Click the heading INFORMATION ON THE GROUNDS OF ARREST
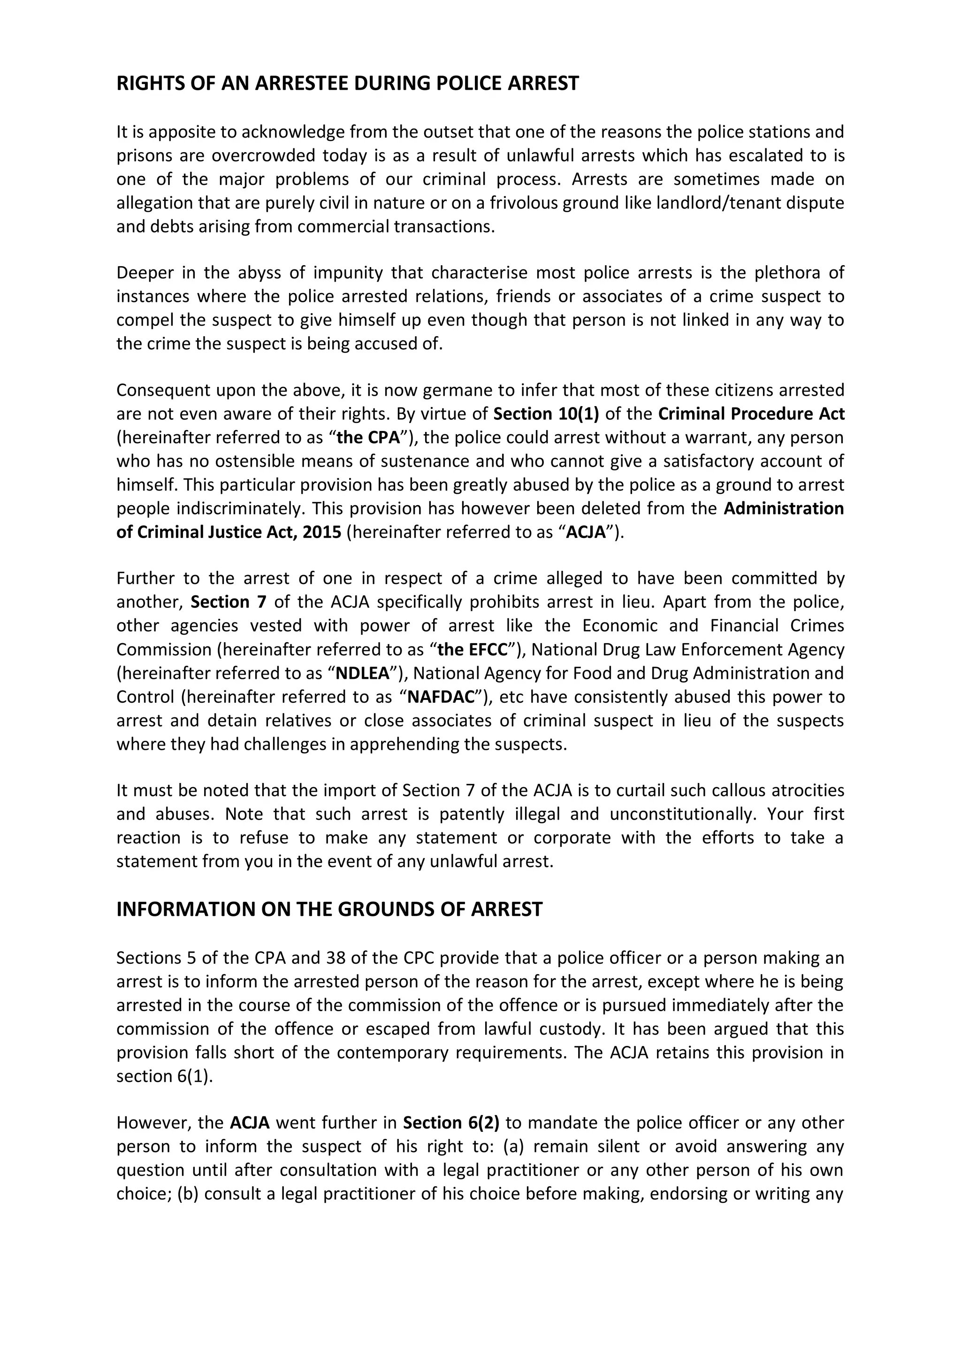pos(329,909)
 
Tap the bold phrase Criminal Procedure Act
pos(751,414)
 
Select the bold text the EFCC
pos(473,649)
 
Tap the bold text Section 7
pos(229,602)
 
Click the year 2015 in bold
pos(321,532)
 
